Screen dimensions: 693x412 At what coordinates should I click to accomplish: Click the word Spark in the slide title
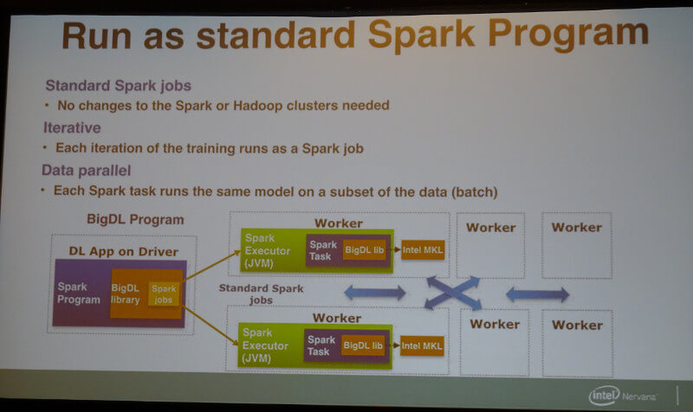coord(421,35)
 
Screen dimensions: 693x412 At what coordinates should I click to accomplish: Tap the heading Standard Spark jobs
coord(119,85)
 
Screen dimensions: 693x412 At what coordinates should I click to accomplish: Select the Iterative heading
coord(72,127)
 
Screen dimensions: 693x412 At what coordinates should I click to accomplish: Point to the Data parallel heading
coord(86,171)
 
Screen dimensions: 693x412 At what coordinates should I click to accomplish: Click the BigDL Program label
coord(135,220)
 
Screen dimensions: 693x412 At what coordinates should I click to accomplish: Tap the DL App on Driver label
coord(123,252)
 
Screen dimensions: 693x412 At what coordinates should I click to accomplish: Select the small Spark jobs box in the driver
coord(164,294)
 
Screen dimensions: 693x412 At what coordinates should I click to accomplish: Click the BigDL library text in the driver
coord(126,294)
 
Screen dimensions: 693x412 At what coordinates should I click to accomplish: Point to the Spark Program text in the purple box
coord(79,293)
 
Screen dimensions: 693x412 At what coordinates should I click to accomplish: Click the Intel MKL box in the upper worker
coord(423,250)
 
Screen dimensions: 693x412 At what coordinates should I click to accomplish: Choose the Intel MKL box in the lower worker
coord(422,345)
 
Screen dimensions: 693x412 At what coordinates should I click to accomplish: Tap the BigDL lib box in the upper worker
coord(365,250)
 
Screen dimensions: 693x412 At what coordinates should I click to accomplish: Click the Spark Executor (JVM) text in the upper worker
coord(268,251)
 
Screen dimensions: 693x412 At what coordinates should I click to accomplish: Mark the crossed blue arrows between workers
coord(452,293)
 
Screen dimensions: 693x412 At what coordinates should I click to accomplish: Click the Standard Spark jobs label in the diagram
coord(262,294)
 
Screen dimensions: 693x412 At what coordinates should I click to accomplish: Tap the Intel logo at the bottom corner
coord(604,396)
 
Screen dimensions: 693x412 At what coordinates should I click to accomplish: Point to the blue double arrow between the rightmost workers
coord(537,294)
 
